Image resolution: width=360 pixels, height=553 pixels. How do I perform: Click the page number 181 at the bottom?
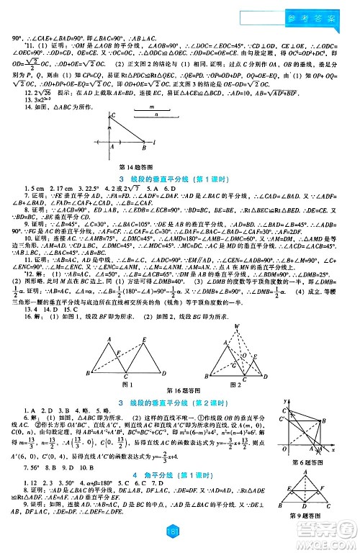pos(179,541)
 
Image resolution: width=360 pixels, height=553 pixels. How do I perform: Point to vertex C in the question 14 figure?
pos(113,115)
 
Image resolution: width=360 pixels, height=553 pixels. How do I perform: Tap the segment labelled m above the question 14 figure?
pos(152,107)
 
